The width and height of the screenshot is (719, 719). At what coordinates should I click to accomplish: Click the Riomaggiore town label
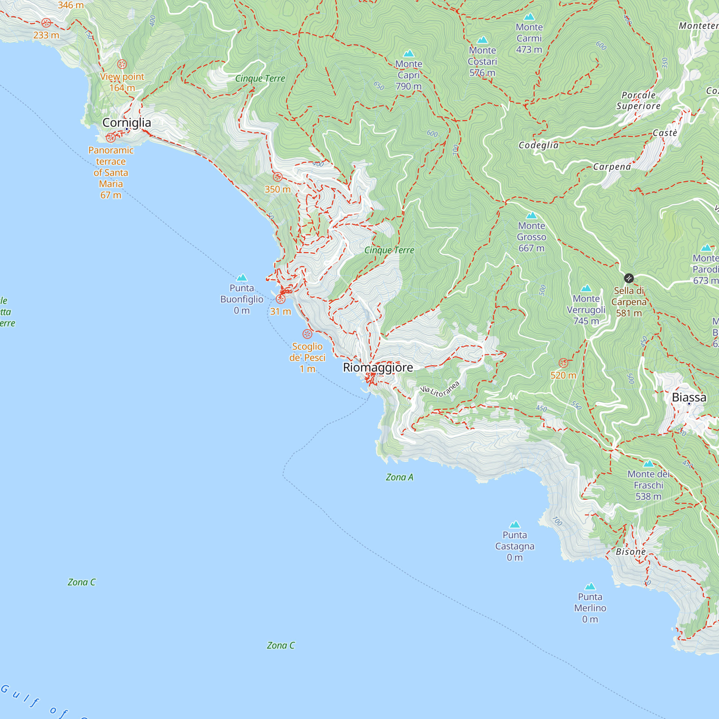pos(378,367)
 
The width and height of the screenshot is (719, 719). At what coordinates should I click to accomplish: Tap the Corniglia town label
pos(127,123)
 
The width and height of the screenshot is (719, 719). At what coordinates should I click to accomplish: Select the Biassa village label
pos(689,397)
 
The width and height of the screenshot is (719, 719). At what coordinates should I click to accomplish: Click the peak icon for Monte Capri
pos(409,54)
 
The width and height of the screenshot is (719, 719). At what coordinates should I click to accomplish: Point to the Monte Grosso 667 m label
pos(531,237)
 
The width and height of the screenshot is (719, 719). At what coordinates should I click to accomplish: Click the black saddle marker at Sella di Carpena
pos(628,278)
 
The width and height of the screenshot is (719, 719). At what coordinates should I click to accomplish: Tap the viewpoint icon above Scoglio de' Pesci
pos(307,334)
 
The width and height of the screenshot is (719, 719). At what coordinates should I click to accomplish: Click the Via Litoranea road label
pos(440,389)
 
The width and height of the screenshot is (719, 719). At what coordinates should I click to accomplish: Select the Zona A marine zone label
pos(399,477)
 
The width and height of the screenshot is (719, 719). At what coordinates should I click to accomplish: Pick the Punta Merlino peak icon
pos(590,587)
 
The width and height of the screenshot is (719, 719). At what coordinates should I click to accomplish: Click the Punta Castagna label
pos(515,546)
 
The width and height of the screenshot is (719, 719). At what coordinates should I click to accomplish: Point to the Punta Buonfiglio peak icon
pos(242,278)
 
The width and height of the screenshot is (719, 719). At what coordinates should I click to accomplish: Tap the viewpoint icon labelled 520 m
pos(563,362)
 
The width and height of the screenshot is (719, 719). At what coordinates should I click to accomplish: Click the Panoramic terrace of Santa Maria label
pos(111,172)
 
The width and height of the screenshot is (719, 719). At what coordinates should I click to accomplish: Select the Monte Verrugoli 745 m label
pos(586,310)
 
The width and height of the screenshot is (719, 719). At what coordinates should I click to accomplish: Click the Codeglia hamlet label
pos(539,145)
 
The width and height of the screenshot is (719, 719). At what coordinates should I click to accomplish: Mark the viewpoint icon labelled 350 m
pos(278,177)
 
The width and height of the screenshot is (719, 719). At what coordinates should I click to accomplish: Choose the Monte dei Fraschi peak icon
pos(648,464)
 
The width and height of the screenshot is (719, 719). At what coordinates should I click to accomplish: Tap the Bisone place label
pos(631,551)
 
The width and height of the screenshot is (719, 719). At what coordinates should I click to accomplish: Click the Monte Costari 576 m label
pos(482,61)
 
